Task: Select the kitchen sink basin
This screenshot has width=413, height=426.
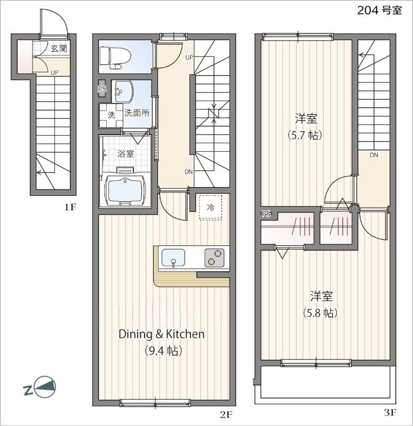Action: (x=173, y=258)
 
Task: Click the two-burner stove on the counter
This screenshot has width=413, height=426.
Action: (x=215, y=258)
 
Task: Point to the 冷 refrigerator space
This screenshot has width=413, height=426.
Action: (x=210, y=208)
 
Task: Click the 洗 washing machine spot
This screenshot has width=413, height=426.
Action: (x=111, y=116)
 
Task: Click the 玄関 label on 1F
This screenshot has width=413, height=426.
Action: (x=59, y=48)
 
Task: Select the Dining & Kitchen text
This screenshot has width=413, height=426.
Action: (x=162, y=334)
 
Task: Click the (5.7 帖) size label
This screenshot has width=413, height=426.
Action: (x=305, y=135)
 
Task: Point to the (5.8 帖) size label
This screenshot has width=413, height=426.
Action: (x=320, y=313)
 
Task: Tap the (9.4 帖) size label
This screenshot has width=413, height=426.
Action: (x=163, y=350)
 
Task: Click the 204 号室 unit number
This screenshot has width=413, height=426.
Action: (x=379, y=11)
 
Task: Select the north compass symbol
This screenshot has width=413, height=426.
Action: (x=41, y=387)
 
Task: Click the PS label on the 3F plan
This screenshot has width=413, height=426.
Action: (x=266, y=214)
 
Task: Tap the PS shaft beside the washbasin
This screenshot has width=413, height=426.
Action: (x=102, y=88)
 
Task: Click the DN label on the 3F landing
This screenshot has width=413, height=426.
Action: (x=374, y=155)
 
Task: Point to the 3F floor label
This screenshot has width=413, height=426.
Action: (x=390, y=413)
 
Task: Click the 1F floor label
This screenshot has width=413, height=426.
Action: (x=70, y=207)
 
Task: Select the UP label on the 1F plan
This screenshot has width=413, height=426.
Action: (x=55, y=73)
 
